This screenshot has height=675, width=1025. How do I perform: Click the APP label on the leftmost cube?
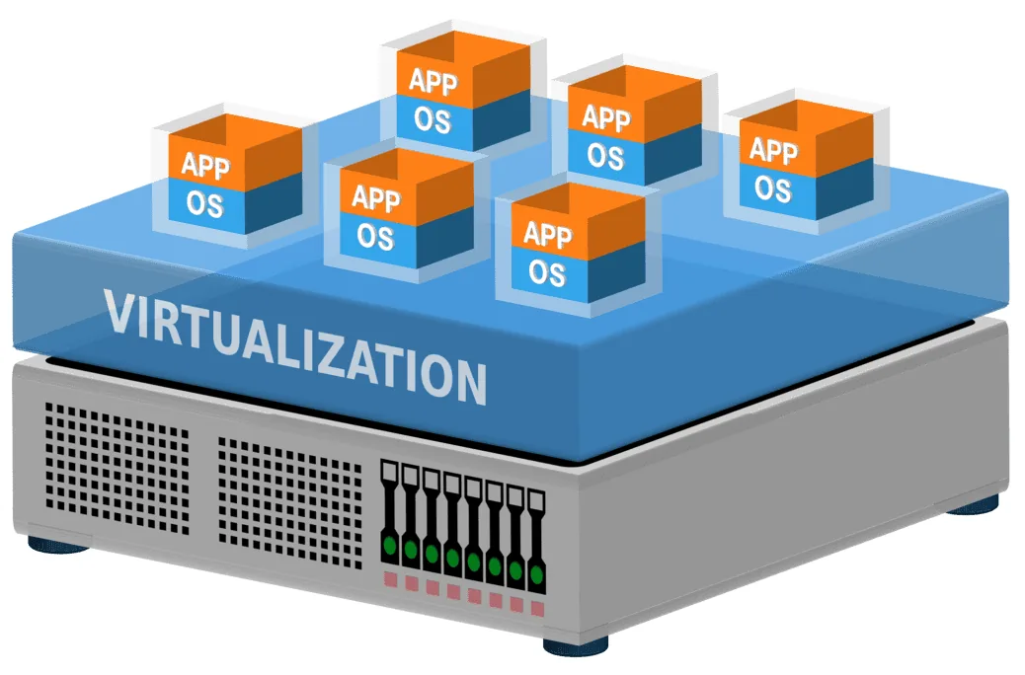pos(205,166)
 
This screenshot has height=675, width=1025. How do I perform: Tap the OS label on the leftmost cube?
pos(205,205)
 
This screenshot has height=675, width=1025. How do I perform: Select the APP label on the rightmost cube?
pos(773,150)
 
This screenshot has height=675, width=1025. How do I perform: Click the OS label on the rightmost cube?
pos(773,187)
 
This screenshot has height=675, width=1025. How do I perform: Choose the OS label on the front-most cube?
pos(547,271)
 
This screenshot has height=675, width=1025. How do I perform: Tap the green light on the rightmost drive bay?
pos(536,573)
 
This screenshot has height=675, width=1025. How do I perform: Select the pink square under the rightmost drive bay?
pos(536,608)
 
